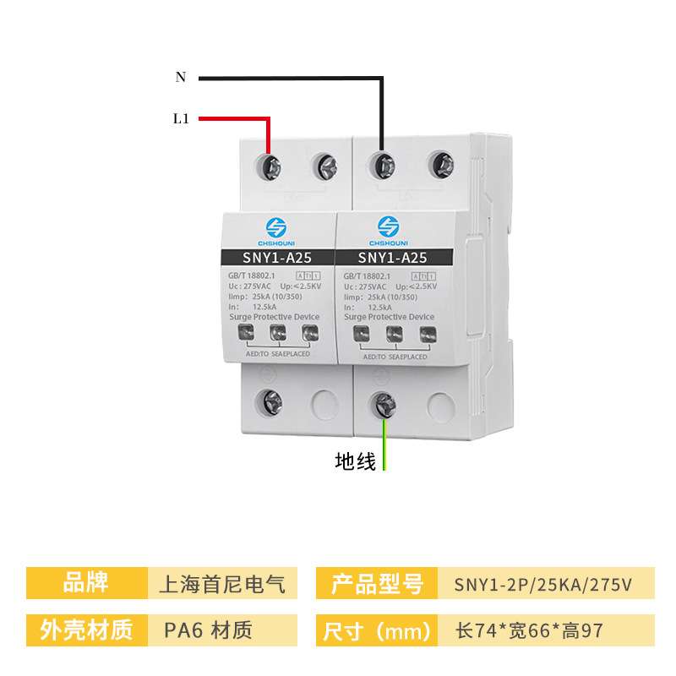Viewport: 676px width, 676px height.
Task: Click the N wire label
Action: pos(181,77)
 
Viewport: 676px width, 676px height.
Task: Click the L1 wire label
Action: pos(181,119)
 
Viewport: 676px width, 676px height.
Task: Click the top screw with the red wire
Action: pos(271,166)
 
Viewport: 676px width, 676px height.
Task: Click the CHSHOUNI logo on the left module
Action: pos(276,230)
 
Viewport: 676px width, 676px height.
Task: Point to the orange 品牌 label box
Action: pos(85,583)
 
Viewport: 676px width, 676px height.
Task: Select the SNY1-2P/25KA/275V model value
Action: pos(542,583)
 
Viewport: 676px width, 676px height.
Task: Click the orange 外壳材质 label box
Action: pos(85,630)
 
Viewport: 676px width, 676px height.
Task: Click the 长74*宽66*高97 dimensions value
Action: pos(529,630)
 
